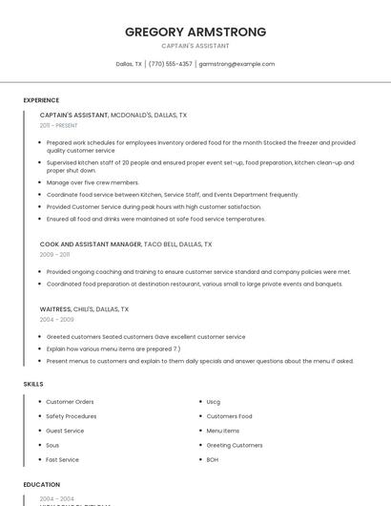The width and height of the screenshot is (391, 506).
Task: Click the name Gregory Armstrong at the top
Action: (x=195, y=32)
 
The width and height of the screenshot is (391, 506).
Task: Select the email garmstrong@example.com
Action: (x=237, y=64)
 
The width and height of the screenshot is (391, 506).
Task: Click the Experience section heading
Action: (x=41, y=100)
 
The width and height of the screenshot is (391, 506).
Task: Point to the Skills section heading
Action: (x=33, y=384)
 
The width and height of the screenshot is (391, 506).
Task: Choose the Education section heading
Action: (x=42, y=485)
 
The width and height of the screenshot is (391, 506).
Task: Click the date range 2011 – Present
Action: (x=58, y=125)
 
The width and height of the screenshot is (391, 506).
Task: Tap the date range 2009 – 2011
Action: (x=54, y=255)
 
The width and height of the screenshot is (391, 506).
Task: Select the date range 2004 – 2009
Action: (x=56, y=320)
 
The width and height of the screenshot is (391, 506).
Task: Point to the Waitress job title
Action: (x=55, y=309)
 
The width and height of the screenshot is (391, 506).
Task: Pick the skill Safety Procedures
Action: (x=71, y=416)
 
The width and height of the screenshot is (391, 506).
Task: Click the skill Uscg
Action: (x=214, y=402)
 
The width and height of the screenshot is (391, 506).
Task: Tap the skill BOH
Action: (x=213, y=459)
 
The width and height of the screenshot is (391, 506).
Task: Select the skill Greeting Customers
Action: (x=235, y=445)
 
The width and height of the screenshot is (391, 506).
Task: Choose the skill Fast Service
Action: (x=63, y=459)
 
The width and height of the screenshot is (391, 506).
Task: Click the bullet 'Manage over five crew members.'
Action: (x=93, y=182)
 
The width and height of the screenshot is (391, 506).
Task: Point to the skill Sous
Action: (x=52, y=445)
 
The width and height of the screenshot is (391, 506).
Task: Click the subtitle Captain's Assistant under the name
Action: (x=195, y=46)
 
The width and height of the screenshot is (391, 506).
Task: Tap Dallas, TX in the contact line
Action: (x=129, y=64)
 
